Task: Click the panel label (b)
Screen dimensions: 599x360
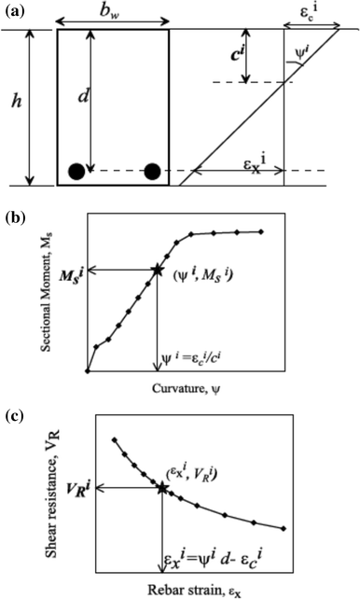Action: (16, 221)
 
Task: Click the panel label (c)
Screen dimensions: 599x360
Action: (16, 408)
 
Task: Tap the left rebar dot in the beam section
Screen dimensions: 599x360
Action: (76, 171)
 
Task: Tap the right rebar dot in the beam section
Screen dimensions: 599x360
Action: (152, 171)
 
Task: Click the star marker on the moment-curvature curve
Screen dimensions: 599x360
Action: (157, 271)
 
